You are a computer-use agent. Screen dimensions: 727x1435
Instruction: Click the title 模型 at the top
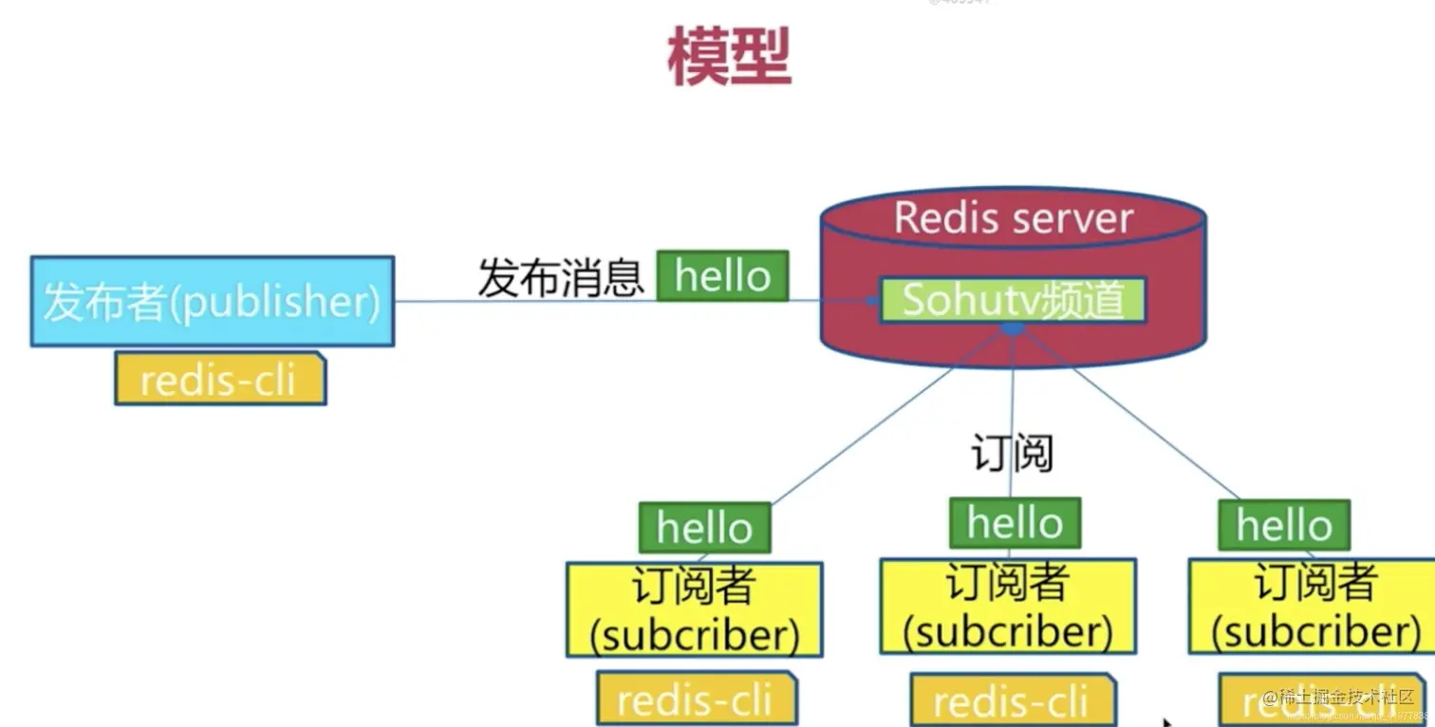(729, 57)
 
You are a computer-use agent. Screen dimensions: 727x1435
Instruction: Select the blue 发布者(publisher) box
(212, 301)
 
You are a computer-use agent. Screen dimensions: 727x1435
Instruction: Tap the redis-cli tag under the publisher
(219, 380)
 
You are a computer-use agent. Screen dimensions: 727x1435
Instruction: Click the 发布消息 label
(560, 278)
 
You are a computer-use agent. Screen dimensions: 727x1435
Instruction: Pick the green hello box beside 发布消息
(722, 276)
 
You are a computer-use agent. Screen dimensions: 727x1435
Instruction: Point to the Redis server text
(1013, 218)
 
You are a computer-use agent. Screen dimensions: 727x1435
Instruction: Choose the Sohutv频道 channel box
(1012, 300)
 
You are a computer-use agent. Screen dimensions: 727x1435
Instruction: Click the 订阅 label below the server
(1012, 453)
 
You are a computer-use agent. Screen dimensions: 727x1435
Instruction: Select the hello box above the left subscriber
(704, 528)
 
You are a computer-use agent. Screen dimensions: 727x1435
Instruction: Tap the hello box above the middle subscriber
(1015, 523)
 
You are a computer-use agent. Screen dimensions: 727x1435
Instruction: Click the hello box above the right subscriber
(1283, 525)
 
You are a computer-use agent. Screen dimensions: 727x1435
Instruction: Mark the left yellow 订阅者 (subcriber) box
(694, 609)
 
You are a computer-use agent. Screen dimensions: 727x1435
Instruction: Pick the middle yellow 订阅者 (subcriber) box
(1007, 606)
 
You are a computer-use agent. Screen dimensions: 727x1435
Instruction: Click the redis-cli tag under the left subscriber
(696, 700)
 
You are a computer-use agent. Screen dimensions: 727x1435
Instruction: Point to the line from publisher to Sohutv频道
(531, 302)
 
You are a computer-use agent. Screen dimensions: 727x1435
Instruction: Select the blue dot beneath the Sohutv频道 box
(1013, 329)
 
